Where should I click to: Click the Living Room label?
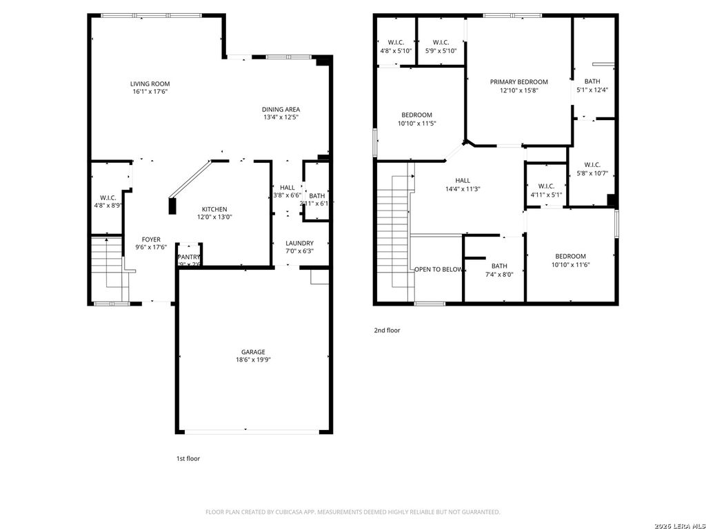[150, 84]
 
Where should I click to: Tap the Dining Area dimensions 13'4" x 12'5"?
[281, 117]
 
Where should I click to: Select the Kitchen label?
[214, 209]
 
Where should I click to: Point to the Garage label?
[253, 351]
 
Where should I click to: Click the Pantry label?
[188, 257]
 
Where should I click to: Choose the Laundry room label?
[299, 243]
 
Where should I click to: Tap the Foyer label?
[151, 239]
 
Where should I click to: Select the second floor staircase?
[393, 231]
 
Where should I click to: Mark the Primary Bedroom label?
[518, 81]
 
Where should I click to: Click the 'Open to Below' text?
[438, 269]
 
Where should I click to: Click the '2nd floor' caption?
[387, 331]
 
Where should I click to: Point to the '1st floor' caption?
[188, 458]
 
